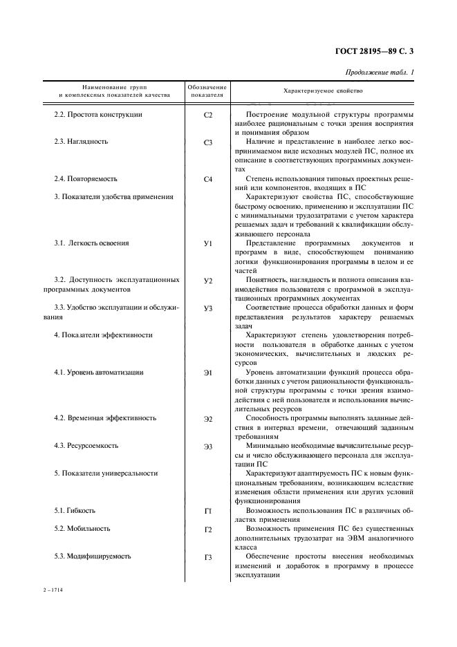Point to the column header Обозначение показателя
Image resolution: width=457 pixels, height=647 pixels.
207,91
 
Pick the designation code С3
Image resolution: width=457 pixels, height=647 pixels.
208,142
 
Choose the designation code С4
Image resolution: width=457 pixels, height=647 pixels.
208,180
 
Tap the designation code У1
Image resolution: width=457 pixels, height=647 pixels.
208,244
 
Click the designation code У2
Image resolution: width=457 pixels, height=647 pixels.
208,281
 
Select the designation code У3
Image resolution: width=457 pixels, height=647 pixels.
208,309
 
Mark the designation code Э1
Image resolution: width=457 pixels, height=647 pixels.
208,373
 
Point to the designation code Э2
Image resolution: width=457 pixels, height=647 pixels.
208,420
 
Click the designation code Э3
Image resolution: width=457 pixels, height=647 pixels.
208,447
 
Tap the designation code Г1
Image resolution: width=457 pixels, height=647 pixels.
208,512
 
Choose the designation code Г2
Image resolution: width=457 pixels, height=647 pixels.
208,530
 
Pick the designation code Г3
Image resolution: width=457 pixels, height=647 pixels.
208,557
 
